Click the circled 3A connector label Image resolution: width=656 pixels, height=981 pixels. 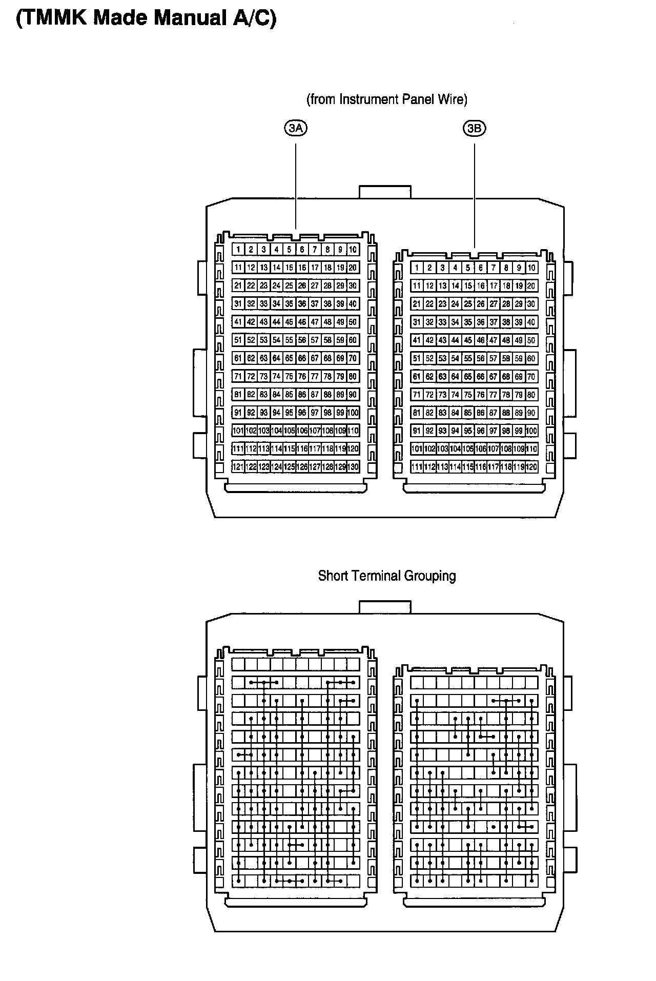coord(296,128)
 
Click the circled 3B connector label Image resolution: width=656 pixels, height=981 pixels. coord(475,128)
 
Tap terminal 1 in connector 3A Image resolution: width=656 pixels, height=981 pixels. coord(238,250)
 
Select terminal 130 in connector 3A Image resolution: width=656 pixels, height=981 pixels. coord(353,467)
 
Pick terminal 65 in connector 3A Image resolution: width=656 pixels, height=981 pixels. coord(289,358)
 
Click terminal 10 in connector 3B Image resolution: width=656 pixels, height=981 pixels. coord(531,268)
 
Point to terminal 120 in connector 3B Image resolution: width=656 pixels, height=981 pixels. coord(531,467)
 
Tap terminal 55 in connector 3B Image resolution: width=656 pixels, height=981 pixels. coord(468,358)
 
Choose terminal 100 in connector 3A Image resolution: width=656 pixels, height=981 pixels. coord(353,413)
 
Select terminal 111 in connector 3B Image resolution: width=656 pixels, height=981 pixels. coord(417,467)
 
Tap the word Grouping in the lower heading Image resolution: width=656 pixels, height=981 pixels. coord(430,576)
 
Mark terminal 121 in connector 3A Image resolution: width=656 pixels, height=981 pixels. coord(238,467)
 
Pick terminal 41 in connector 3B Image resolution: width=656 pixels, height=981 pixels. coord(417,340)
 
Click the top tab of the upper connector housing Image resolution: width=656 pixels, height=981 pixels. coord(385,192)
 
